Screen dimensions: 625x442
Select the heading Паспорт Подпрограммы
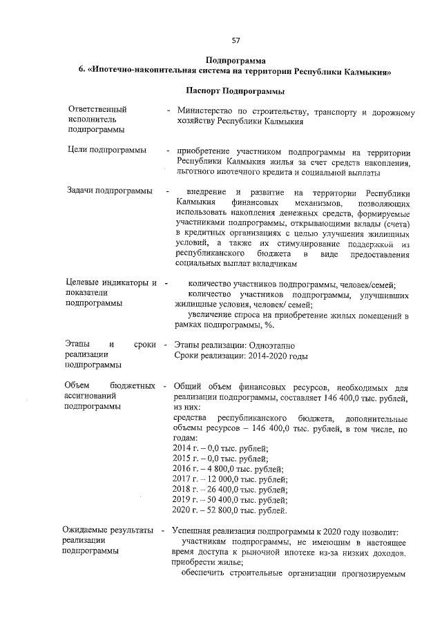click(235, 90)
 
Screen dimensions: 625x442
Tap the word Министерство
click(205, 111)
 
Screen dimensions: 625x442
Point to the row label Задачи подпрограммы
click(109, 191)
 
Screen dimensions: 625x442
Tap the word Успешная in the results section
click(193, 530)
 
